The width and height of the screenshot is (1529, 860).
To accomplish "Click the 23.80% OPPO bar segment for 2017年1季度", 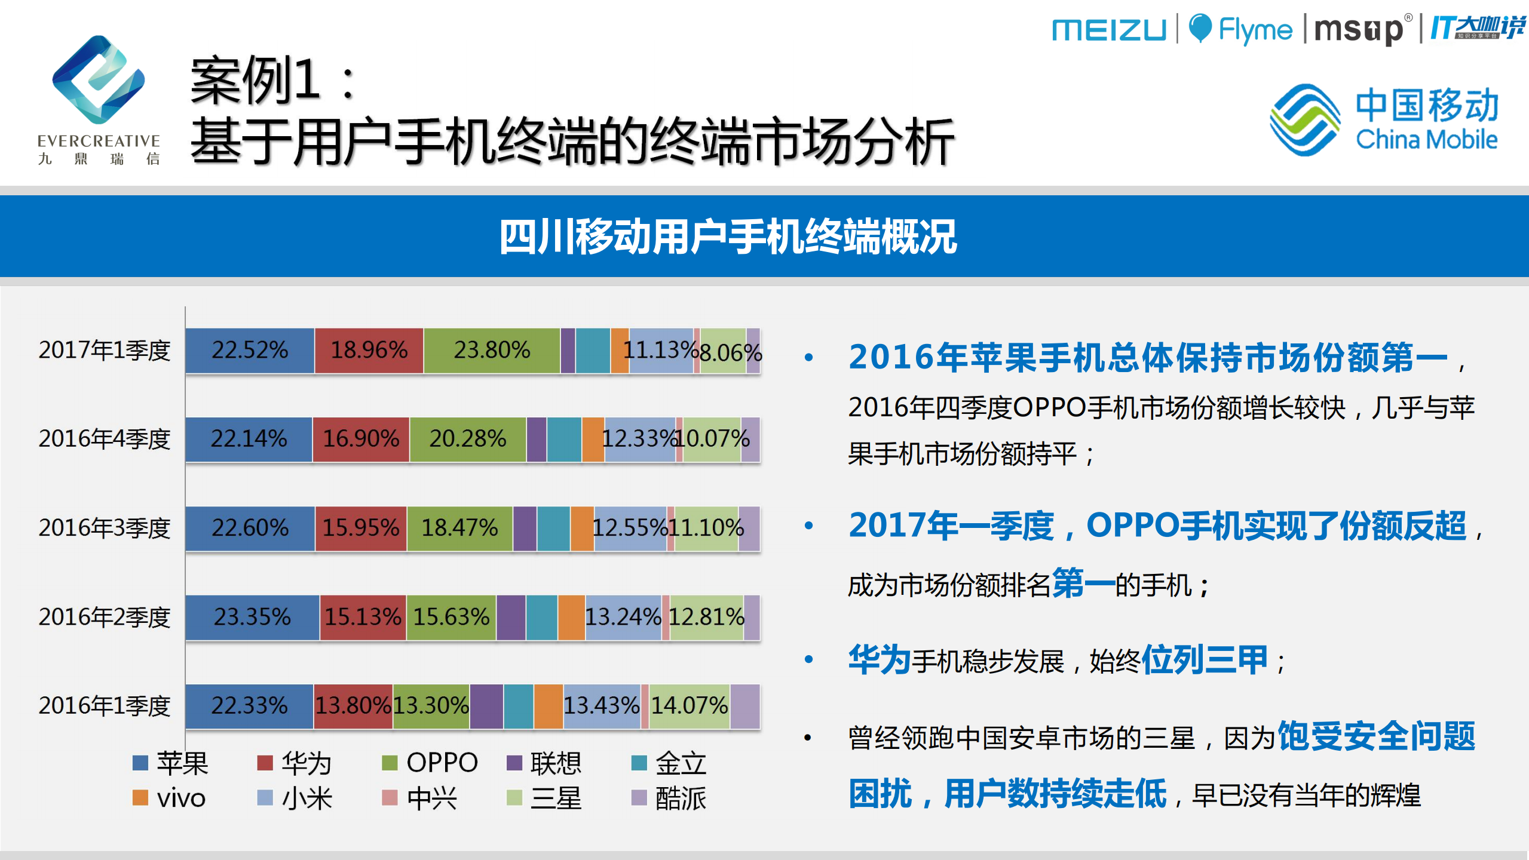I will tap(491, 351).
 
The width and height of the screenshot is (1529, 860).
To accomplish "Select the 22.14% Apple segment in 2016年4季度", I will tap(249, 440).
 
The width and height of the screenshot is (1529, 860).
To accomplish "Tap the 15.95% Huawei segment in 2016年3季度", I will tap(361, 529).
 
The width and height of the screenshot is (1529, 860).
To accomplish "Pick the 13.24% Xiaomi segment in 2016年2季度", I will tap(623, 618).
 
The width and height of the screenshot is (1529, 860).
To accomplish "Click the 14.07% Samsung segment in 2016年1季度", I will tap(689, 707).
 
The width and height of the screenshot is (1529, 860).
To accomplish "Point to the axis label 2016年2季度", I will tap(105, 618).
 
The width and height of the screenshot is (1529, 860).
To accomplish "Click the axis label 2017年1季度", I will tap(105, 351).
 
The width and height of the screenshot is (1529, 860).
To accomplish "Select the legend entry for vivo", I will tap(170, 798).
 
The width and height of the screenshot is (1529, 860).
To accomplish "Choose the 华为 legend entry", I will tap(295, 763).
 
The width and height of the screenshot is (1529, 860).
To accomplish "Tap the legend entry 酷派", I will tap(669, 798).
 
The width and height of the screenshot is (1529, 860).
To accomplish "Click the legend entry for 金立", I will tap(669, 763).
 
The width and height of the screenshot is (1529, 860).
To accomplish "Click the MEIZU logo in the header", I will tap(1108, 30).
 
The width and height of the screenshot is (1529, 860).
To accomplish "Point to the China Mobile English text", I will tap(1426, 140).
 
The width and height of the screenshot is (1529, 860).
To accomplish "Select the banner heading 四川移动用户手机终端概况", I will tap(728, 237).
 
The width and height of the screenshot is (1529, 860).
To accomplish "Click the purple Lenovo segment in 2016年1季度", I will tap(486, 707).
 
